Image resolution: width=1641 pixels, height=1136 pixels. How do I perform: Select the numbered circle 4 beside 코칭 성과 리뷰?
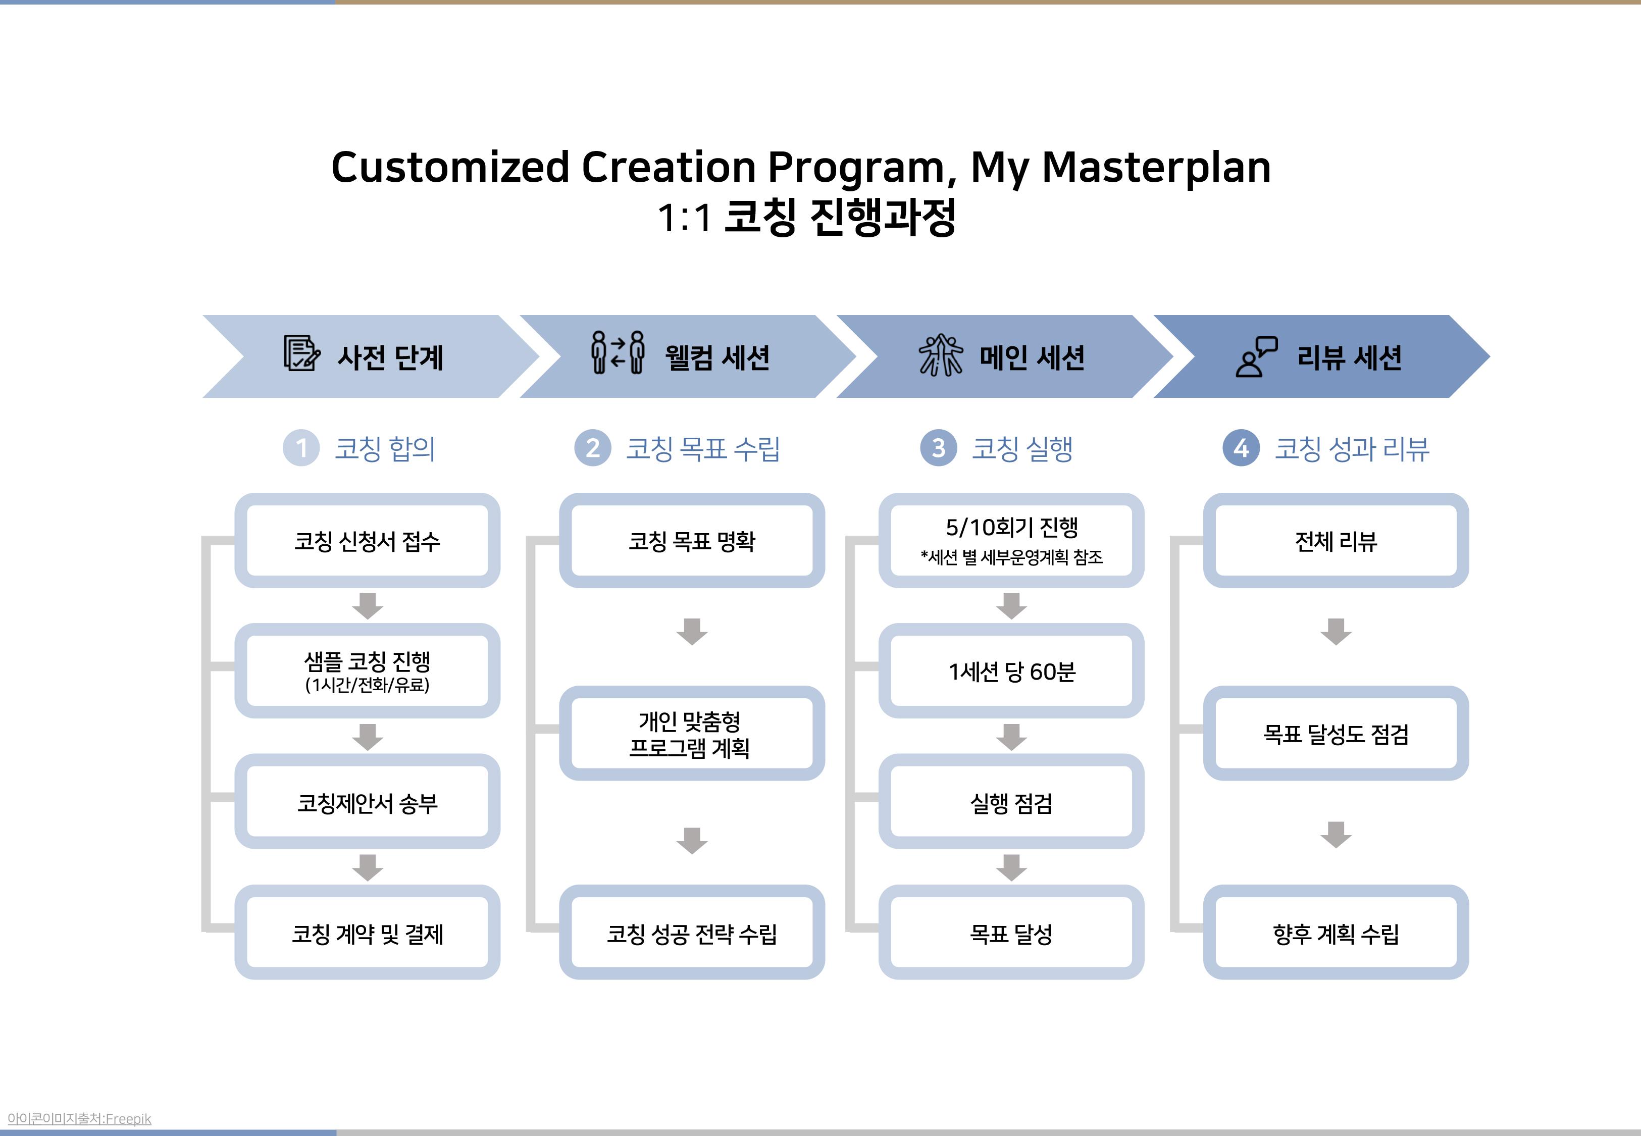tap(1241, 448)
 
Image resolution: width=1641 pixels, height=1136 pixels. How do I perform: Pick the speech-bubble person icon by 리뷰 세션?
tap(1256, 356)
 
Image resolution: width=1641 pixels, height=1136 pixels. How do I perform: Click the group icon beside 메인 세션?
tap(940, 354)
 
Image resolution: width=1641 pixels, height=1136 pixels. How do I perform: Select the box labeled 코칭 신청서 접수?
tap(367, 540)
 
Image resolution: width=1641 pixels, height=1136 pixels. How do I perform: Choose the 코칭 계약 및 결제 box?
tap(367, 933)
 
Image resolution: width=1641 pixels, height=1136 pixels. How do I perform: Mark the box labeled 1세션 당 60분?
tap(1011, 670)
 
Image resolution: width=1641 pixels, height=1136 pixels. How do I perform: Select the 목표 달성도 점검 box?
tap(1336, 733)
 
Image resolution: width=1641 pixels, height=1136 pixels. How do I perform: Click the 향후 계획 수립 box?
tap(1336, 933)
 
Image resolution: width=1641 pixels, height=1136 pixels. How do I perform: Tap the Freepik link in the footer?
tap(128, 1119)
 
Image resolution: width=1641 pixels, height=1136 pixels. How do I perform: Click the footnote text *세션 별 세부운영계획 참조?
tap(1011, 556)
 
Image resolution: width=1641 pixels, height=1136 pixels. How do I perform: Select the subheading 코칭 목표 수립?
tap(702, 448)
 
